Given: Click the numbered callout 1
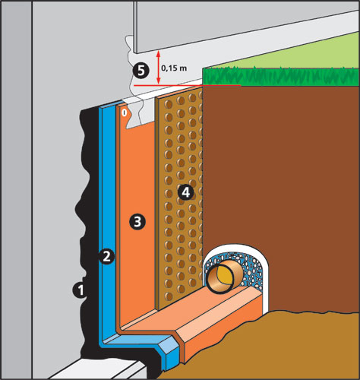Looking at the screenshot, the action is (80, 290).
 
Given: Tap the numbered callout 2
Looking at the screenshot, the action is (106, 257).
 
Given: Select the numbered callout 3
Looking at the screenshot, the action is (137, 222).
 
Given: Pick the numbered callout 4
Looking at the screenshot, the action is (185, 192).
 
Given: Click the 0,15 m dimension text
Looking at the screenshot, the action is (174, 68).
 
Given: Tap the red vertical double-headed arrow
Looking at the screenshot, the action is (159, 67).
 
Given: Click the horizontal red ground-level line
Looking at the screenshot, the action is (188, 86).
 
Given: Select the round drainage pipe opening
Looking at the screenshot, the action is (220, 280).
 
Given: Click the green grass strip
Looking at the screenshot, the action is (281, 77).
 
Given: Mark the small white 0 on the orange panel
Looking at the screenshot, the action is (124, 113).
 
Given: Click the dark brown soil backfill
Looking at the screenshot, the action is (281, 177).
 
